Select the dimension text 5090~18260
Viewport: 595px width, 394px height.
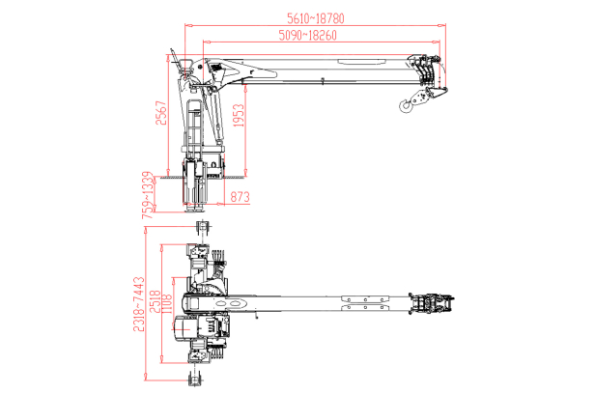[x=306, y=36]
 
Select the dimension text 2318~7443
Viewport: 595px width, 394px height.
[x=141, y=303]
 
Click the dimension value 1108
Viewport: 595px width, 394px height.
[x=166, y=303]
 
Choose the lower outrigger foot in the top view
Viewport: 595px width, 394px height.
[x=201, y=375]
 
